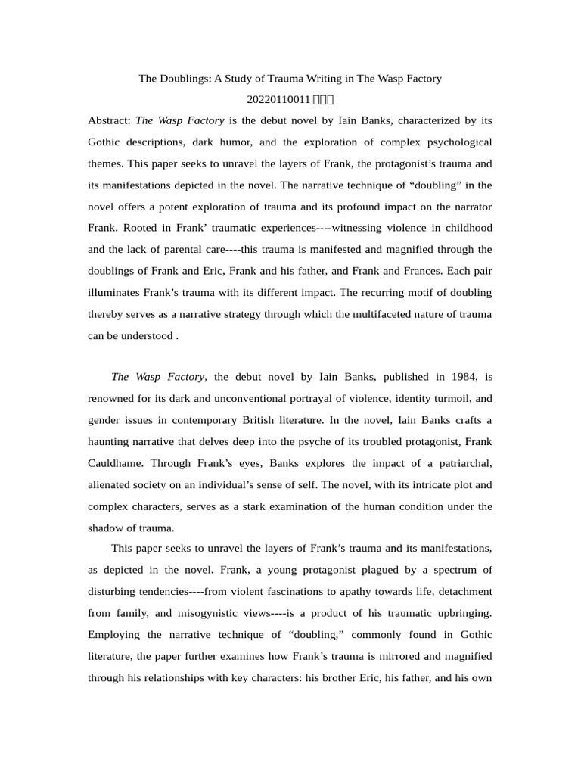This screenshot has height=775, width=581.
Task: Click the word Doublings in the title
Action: (x=182, y=79)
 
